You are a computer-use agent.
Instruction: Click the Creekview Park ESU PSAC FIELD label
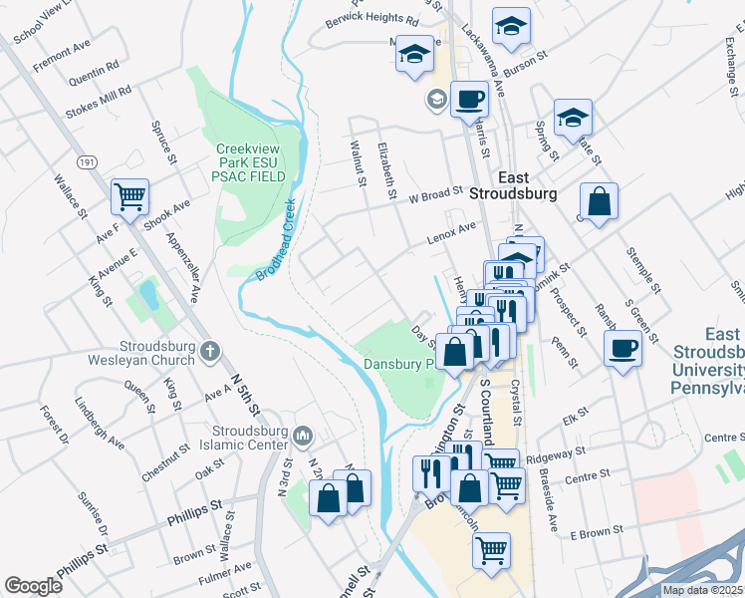tap(251, 162)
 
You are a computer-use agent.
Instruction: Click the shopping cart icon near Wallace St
tap(129, 197)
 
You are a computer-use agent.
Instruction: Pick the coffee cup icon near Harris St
tap(469, 100)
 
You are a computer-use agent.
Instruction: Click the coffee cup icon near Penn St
tap(623, 349)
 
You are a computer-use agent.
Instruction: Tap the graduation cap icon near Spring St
tap(573, 117)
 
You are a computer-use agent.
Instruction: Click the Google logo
tap(33, 586)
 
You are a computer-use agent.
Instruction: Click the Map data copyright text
tap(702, 590)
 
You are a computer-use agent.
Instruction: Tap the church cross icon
tap(209, 351)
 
